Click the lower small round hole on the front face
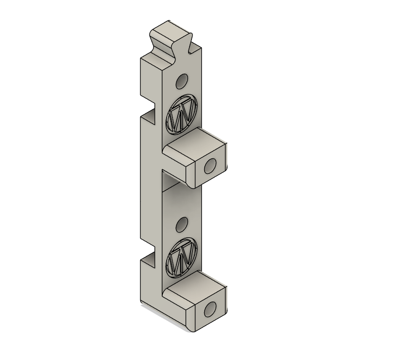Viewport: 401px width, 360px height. click(x=182, y=225)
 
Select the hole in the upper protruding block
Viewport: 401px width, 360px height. click(x=210, y=166)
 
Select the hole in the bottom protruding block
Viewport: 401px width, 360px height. click(x=210, y=309)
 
